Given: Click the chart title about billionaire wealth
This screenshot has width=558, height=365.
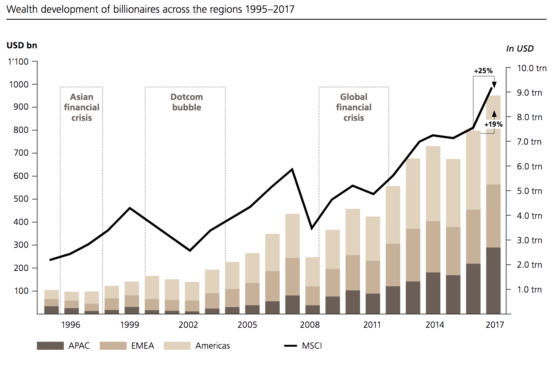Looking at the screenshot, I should (x=150, y=9).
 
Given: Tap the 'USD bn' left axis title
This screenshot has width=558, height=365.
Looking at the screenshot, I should (x=22, y=45).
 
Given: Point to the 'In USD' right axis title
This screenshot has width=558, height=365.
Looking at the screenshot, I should (x=520, y=49).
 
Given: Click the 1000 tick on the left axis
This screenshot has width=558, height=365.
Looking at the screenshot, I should (x=19, y=85).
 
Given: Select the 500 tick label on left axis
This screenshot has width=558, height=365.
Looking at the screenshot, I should (x=21, y=199).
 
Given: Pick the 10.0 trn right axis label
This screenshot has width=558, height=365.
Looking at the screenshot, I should (x=532, y=68).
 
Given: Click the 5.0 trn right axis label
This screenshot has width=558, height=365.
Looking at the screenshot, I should (x=529, y=191).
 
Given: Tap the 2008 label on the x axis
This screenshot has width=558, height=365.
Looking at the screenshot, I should (x=310, y=325).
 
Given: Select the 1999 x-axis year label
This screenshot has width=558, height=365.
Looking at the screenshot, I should (x=129, y=325).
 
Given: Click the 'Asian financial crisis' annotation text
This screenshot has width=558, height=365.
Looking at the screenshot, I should (x=82, y=107).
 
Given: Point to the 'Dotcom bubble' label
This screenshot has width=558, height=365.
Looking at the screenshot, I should (x=187, y=102).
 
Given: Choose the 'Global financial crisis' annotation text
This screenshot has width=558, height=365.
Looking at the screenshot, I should (x=353, y=107).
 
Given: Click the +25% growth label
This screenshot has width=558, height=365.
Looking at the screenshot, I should (x=483, y=71).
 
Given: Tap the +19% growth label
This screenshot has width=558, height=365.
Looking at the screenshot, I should (x=493, y=124).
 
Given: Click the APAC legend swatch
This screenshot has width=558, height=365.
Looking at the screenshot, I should (x=50, y=346).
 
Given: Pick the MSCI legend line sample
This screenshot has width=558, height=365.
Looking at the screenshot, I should (x=290, y=346).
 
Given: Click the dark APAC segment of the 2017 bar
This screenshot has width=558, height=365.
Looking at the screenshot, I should (x=493, y=281).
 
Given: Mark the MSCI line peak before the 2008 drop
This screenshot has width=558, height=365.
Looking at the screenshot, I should (x=292, y=169).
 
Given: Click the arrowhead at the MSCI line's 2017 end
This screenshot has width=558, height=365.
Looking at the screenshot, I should (x=494, y=85).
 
